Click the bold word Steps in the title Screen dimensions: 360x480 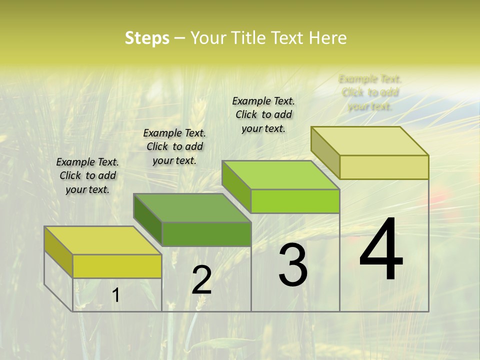[x=147, y=38]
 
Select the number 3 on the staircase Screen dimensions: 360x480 [x=293, y=265]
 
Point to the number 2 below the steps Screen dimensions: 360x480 [x=202, y=280]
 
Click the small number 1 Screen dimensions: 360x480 [x=115, y=295]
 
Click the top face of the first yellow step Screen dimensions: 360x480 [x=102, y=240]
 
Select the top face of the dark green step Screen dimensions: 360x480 [x=191, y=208]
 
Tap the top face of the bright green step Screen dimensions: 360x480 [x=280, y=175]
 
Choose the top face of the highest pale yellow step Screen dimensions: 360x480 [x=369, y=141]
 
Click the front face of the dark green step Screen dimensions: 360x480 [x=206, y=234]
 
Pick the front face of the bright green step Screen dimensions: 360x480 [x=295, y=201]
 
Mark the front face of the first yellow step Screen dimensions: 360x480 [x=117, y=266]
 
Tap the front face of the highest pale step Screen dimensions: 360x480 [x=384, y=167]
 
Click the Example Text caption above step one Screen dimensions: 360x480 [x=87, y=175]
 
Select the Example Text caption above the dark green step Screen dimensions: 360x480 [x=174, y=146]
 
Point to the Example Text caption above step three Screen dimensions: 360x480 [x=263, y=114]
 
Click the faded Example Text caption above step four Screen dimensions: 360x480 [x=370, y=92]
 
